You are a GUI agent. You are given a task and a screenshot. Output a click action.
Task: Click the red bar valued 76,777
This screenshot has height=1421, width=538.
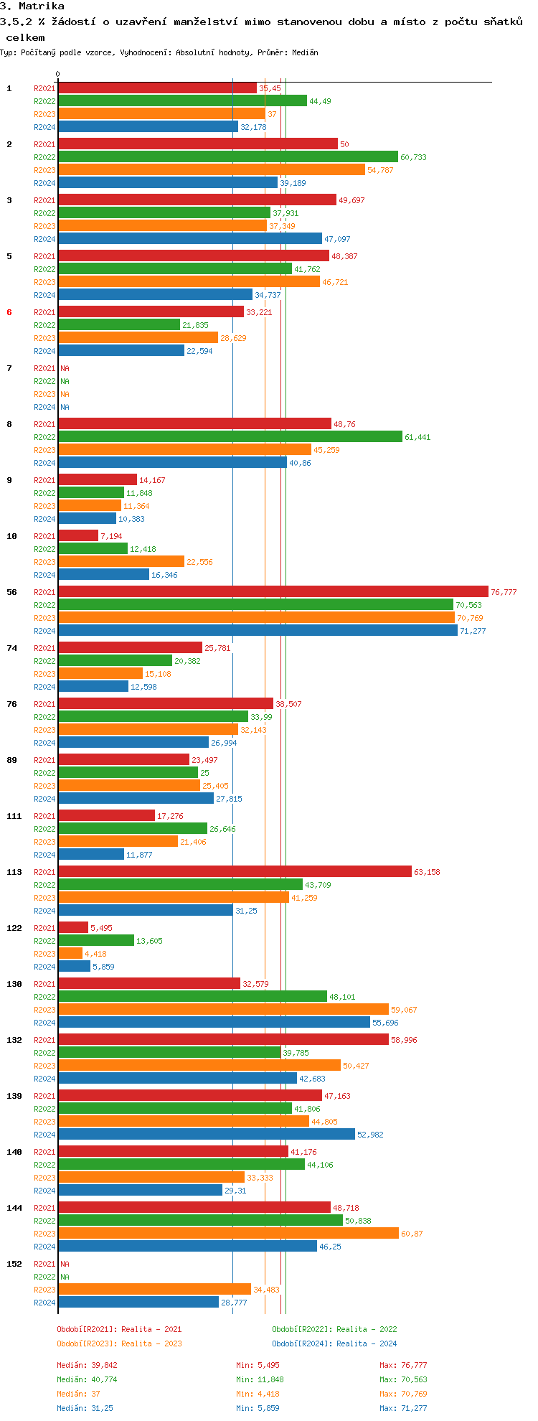pyautogui.click(x=273, y=592)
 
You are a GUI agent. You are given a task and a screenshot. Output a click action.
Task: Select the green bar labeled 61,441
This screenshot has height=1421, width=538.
pyautogui.click(x=230, y=437)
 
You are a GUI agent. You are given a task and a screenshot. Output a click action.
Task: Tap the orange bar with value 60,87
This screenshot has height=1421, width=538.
pyautogui.click(x=228, y=1234)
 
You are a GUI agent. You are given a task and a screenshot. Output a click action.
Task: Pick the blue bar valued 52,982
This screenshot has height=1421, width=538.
pyautogui.click(x=206, y=1135)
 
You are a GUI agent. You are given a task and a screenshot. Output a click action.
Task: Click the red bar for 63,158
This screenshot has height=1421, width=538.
pyautogui.click(x=235, y=872)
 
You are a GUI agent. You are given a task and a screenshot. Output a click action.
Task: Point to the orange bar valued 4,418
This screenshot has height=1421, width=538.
pyautogui.click(x=70, y=954)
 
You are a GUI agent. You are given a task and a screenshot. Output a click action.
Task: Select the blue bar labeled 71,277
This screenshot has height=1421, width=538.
pyautogui.click(x=258, y=631)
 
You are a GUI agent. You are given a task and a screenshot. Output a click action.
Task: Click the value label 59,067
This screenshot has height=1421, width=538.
pyautogui.click(x=404, y=1010)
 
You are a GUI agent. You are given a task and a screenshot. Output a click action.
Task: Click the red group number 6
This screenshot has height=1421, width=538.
pyautogui.click(x=9, y=312)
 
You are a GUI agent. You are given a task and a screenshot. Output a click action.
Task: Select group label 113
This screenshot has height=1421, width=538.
pyautogui.click(x=14, y=872)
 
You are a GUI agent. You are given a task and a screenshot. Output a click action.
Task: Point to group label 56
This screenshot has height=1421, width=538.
pyautogui.click(x=12, y=592)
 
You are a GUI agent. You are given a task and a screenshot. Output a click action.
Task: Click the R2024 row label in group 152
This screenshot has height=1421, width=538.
pyautogui.click(x=44, y=1303)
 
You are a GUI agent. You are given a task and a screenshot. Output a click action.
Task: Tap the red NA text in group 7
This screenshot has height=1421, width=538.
pyautogui.click(x=65, y=368)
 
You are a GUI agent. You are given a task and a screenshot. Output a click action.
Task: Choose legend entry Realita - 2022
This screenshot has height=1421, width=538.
pyautogui.click(x=334, y=1329)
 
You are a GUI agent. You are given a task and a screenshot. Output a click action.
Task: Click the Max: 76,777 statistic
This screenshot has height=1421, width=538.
pyautogui.click(x=403, y=1365)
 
